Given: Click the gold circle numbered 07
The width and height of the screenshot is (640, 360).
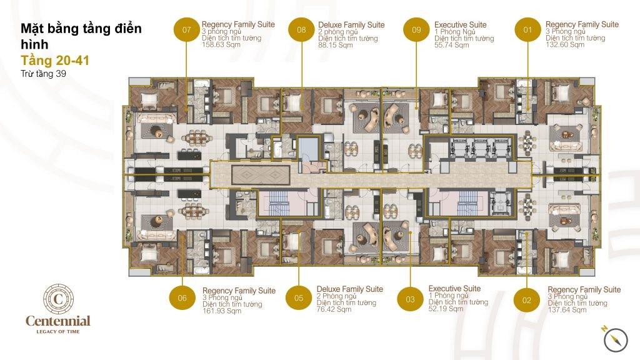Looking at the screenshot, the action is click(186, 29).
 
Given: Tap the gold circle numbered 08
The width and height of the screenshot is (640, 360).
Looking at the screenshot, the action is click(301, 29).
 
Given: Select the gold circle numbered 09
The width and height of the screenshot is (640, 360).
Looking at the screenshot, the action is click(416, 29).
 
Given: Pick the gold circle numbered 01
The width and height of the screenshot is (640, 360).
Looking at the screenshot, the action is click(527, 29).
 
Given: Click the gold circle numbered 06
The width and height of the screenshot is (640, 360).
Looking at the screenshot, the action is click(182, 298).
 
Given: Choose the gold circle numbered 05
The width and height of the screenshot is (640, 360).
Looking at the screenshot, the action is click(299, 298).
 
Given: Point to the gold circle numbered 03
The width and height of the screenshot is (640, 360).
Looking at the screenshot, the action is click(410, 299).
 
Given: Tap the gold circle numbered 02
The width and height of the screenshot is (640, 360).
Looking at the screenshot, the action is click(527, 300).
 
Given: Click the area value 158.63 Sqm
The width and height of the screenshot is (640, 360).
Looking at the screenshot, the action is click(221, 44).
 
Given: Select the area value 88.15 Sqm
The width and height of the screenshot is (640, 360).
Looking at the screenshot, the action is click(335, 45).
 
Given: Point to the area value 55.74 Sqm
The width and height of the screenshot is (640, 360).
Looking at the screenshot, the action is click(451, 45).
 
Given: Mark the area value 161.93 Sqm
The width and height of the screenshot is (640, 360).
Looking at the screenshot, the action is click(222, 311).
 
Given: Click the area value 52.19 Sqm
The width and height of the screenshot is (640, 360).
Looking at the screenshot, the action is click(446, 309).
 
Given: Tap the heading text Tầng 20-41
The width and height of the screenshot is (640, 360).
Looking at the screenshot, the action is click(55, 61).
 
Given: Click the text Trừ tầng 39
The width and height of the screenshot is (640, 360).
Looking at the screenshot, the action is click(43, 74).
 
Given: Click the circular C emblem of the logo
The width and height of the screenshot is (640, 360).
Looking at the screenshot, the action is click(58, 299).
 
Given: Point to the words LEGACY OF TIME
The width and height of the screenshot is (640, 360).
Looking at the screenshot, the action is click(58, 331).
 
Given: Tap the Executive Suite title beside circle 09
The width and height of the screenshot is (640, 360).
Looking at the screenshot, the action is click(460, 24).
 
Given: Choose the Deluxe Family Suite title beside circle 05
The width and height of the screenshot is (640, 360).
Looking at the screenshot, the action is click(350, 289).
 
